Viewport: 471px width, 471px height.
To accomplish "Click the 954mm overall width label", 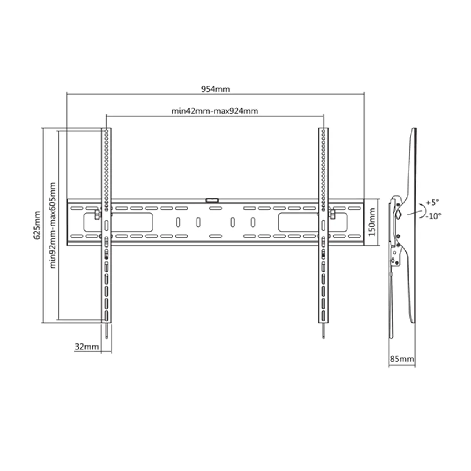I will (x=215, y=89).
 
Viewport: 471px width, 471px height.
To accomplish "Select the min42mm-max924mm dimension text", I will (x=215, y=111).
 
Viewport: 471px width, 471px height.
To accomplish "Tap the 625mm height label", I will (x=37, y=225).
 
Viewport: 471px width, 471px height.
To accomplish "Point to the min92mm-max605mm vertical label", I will (x=53, y=225).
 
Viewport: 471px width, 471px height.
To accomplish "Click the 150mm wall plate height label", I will (x=373, y=223).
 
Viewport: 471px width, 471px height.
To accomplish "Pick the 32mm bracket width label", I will (x=86, y=347).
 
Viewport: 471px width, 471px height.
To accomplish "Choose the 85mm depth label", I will (x=402, y=358).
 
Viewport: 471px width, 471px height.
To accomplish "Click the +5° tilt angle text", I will (x=433, y=203).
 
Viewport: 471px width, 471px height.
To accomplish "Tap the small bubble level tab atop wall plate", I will (x=212, y=200).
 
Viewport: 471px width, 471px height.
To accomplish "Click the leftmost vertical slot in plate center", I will (x=178, y=222).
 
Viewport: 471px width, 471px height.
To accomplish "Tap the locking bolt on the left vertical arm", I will (x=97, y=214).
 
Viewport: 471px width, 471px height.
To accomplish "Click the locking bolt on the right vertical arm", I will (x=332, y=214).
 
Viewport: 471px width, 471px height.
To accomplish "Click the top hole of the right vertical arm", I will (x=323, y=130).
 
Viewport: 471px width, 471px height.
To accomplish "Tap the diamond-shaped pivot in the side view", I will (x=398, y=214).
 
